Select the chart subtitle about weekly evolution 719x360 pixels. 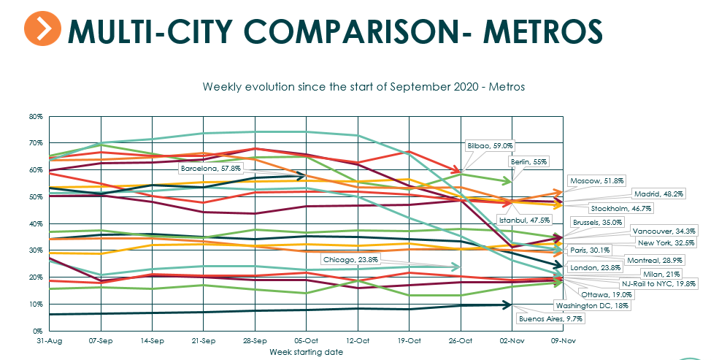pyautogui.click(x=364, y=86)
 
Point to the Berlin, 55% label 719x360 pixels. pyautogui.click(x=529, y=161)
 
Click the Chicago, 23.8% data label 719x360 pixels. pyautogui.click(x=350, y=258)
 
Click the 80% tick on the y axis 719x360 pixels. pyautogui.click(x=35, y=116)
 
